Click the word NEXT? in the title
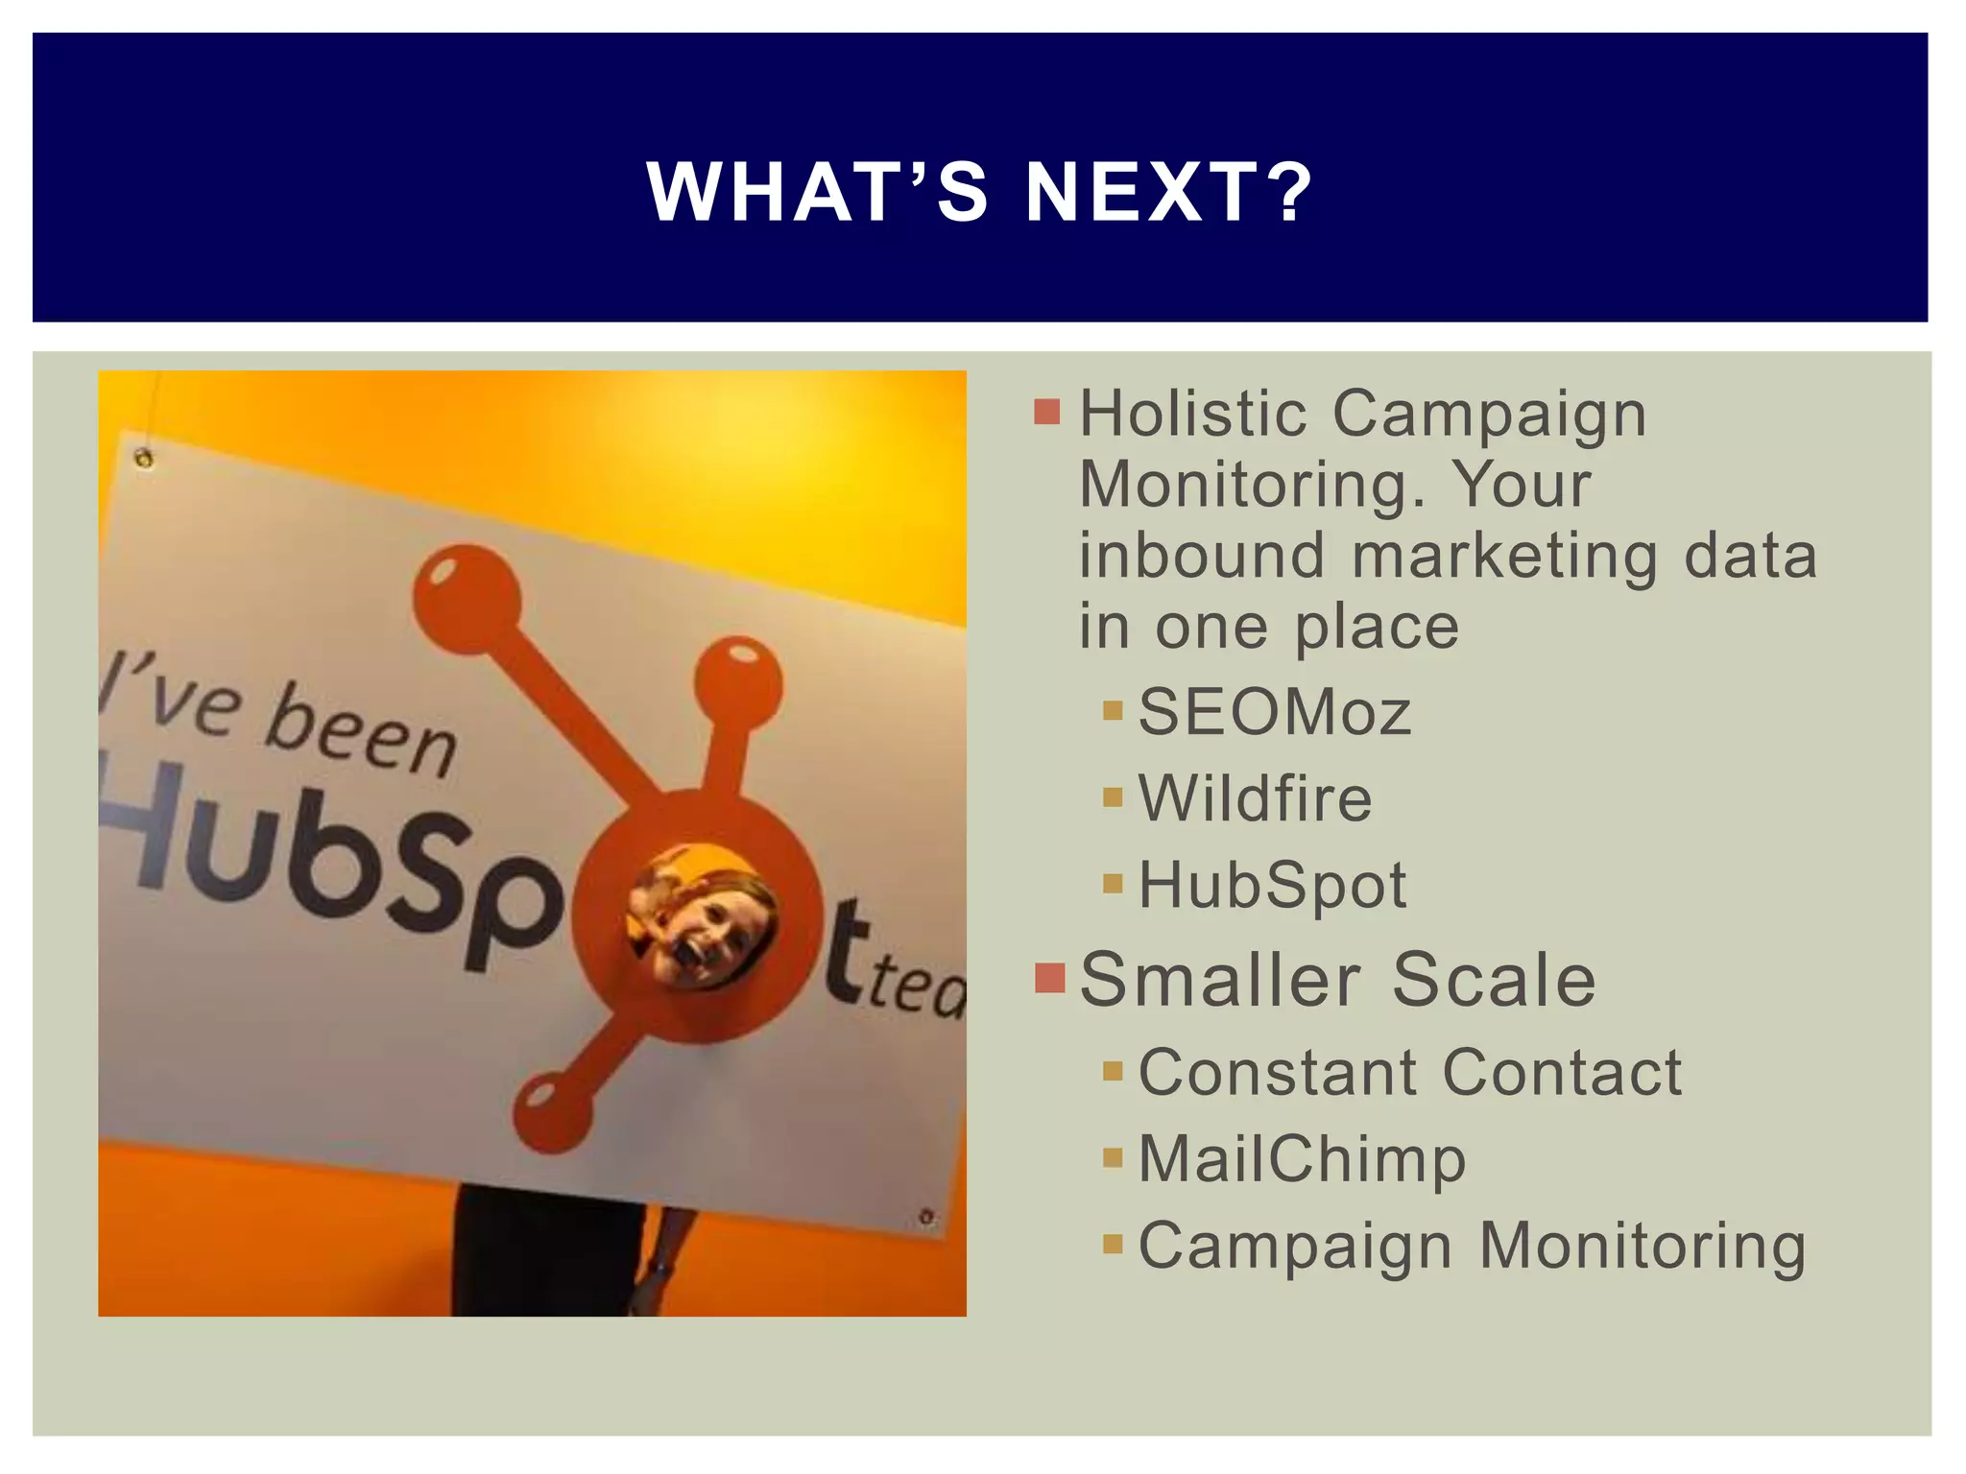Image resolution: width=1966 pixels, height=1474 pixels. point(1168,192)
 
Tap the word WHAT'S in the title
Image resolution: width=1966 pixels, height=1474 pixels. point(817,192)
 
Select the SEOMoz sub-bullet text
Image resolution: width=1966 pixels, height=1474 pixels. point(1274,713)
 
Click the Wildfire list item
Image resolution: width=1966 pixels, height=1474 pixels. point(1255,798)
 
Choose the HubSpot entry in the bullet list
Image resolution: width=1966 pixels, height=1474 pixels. point(1272,885)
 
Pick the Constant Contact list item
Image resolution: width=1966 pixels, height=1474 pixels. point(1409,1072)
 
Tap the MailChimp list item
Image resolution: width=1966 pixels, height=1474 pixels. point(1302,1159)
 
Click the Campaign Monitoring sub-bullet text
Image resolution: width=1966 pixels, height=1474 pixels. point(1472,1246)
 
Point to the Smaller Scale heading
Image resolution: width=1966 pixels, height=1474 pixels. point(1337,980)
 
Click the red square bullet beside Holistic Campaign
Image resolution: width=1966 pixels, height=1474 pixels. point(1047,413)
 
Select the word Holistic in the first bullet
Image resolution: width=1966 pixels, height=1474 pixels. point(1191,415)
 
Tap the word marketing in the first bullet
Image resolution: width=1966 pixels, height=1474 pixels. point(1504,557)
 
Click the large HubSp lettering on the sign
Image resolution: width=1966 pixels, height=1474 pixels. point(326,864)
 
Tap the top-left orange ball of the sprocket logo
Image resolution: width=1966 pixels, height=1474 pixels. point(467,597)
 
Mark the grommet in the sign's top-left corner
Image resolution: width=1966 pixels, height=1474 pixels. point(144,459)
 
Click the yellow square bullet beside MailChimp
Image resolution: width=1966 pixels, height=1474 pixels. point(1113,1157)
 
